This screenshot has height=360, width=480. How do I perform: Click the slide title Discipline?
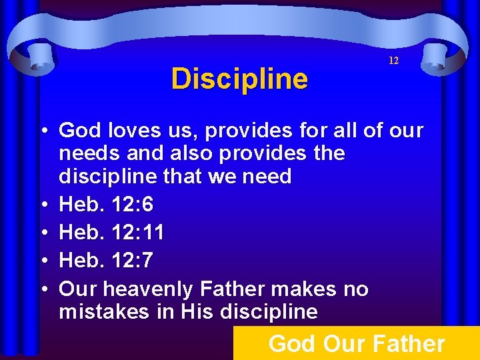(x=239, y=79)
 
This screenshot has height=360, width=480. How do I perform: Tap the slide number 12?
(x=393, y=61)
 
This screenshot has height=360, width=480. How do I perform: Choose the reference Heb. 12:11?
(x=112, y=233)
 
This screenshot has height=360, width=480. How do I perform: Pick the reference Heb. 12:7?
(x=107, y=261)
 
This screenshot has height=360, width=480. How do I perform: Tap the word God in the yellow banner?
(x=291, y=344)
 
